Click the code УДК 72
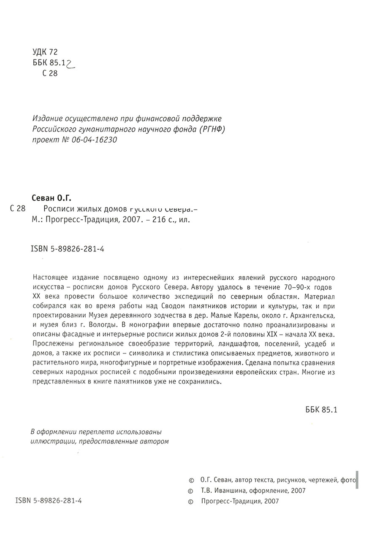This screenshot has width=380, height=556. click(44, 52)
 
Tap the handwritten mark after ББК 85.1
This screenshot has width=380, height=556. click(70, 63)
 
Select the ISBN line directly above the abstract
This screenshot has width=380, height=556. click(68, 249)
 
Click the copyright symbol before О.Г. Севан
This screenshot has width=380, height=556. click(191, 480)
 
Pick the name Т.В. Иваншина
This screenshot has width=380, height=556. click(222, 490)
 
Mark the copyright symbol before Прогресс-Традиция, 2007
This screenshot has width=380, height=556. click(191, 501)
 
